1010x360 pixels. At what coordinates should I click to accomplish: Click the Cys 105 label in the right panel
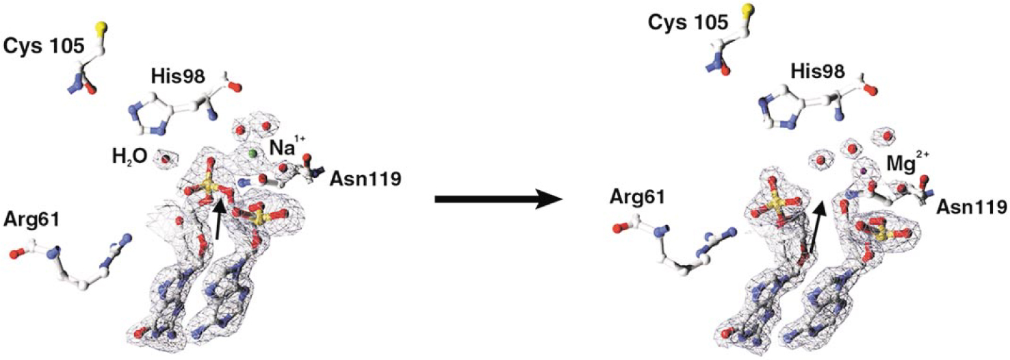pyautogui.click(x=688, y=23)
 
